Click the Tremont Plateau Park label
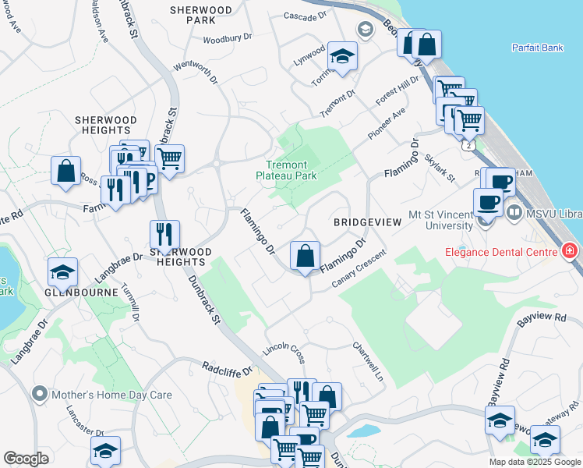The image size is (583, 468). click(286, 170)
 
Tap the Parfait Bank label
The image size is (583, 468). click(537, 48)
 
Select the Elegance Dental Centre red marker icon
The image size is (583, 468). click(570, 251)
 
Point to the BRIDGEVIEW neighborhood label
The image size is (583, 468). click(367, 222)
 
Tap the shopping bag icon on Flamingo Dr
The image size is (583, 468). click(305, 255)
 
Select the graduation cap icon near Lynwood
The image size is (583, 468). click(341, 56)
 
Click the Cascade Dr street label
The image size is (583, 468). click(303, 16)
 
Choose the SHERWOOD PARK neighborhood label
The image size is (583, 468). click(201, 15)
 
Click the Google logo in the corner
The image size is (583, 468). click(26, 459)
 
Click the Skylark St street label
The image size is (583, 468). click(440, 168)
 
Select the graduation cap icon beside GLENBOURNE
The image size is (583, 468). click(62, 271)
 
